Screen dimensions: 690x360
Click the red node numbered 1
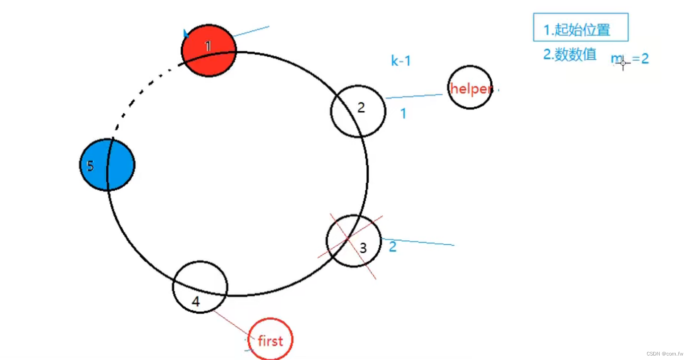[x=209, y=50]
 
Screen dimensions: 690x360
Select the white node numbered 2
[x=358, y=111]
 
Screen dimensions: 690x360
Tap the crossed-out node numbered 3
[x=354, y=241]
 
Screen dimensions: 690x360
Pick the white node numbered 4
[x=200, y=287]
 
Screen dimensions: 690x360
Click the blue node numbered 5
[x=107, y=165]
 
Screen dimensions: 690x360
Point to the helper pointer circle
[x=470, y=88]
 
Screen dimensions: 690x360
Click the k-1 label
[x=401, y=61]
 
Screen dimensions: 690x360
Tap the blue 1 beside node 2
[x=403, y=114]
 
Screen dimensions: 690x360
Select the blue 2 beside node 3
[x=393, y=247]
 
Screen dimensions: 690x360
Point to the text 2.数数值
[x=570, y=54]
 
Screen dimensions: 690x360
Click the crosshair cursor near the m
[x=623, y=63]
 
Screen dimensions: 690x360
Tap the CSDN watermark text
[x=665, y=354]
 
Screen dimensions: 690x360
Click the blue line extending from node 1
[x=251, y=31]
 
